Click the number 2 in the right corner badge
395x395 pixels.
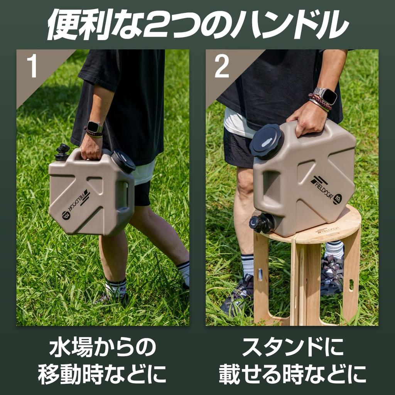(221, 66)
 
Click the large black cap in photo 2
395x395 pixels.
(266, 142)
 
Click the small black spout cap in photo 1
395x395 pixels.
(62, 152)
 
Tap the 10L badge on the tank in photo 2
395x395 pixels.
(338, 199)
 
